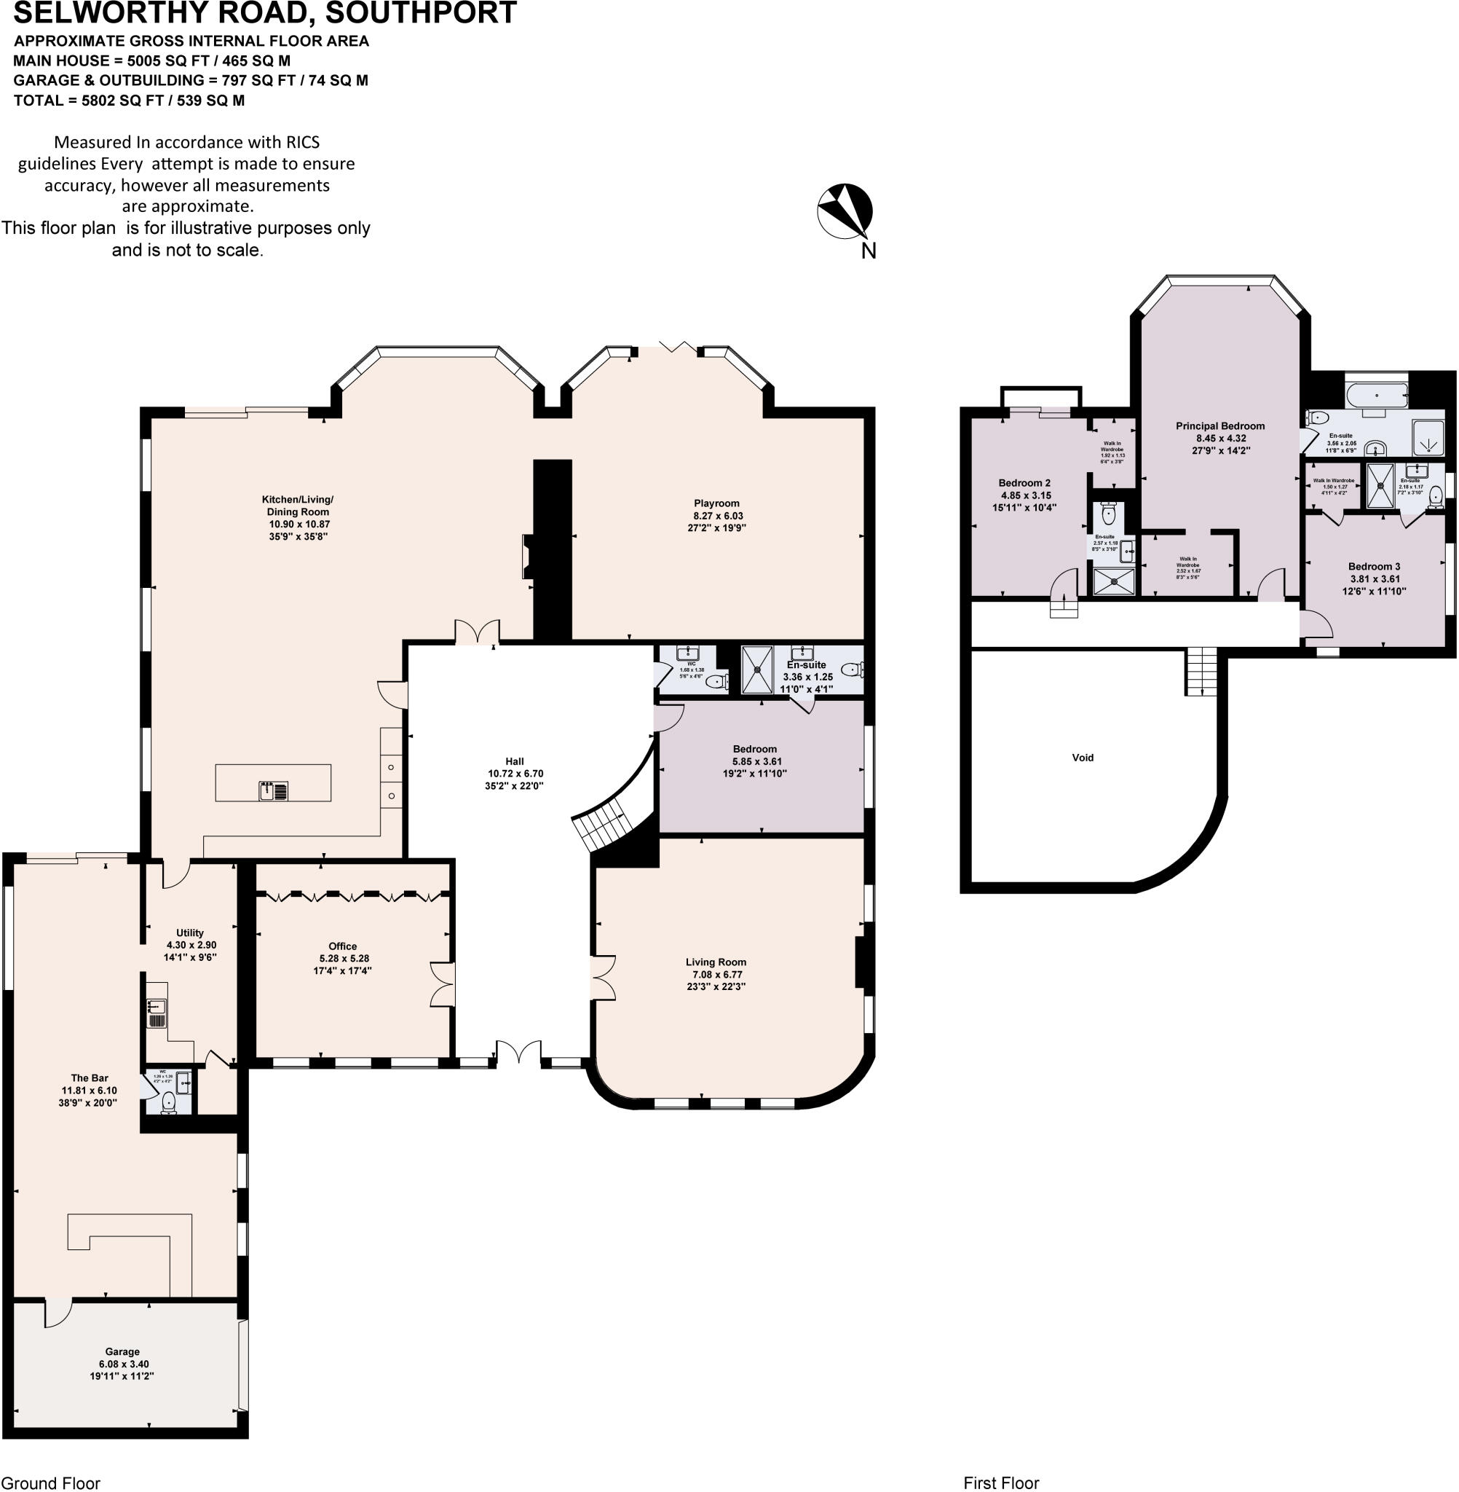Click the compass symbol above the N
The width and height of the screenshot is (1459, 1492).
(845, 211)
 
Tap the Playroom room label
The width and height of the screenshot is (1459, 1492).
(716, 503)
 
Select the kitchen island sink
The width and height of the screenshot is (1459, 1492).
(274, 790)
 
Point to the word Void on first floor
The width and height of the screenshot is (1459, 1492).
(1082, 758)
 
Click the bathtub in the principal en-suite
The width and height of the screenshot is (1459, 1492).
(1377, 396)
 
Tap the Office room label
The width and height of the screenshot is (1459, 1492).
(342, 946)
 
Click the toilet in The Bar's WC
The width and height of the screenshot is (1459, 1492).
(169, 1102)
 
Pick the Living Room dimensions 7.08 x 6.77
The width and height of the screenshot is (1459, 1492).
(715, 975)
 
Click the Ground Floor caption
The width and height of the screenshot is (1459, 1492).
(50, 1483)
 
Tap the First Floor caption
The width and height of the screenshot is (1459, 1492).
(1001, 1483)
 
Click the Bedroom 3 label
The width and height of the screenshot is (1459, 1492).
(1374, 567)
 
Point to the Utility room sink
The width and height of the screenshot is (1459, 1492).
(157, 1007)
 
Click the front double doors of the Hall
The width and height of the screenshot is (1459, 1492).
(519, 1052)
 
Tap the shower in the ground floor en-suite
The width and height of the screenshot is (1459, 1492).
(757, 670)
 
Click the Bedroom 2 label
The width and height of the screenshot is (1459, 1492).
(1024, 483)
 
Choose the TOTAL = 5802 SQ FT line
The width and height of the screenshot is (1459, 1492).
(129, 101)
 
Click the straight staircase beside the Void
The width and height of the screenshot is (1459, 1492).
(1201, 670)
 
